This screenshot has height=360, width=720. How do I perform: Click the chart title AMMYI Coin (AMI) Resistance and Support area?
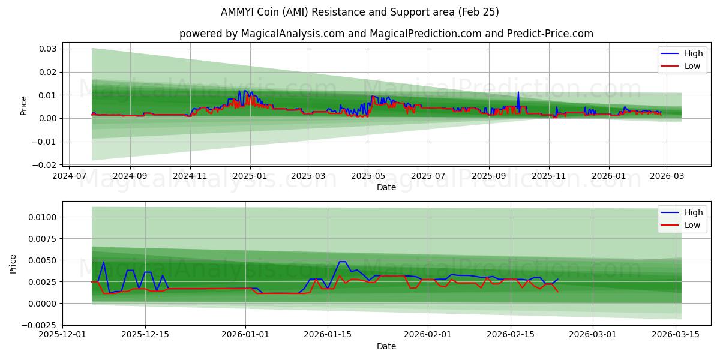click(360, 12)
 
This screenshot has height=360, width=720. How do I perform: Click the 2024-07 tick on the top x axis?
click(70, 176)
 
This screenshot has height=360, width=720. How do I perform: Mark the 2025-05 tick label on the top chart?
click(368, 176)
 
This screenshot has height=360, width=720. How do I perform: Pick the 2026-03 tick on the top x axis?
click(667, 176)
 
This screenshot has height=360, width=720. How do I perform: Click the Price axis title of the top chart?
click(24, 106)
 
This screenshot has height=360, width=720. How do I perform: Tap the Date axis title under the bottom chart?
click(386, 346)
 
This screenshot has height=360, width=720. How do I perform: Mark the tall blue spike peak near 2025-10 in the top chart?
click(518, 92)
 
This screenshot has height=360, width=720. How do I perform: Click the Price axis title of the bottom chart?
click(13, 264)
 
